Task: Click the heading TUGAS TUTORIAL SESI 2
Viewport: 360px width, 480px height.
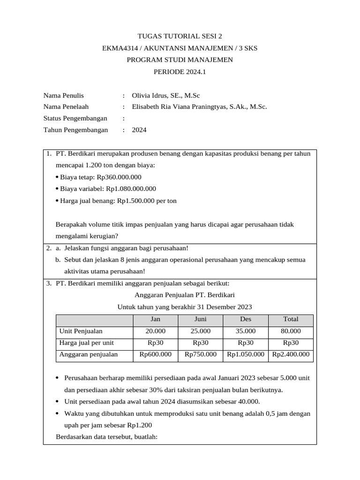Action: [180, 36]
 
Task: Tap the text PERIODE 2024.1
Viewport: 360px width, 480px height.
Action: [180, 72]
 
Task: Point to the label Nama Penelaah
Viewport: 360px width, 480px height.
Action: [66, 107]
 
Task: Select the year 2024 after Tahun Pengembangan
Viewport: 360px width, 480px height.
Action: [139, 130]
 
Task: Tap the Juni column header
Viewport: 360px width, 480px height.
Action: [200, 319]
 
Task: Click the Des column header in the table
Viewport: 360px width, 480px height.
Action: [246, 319]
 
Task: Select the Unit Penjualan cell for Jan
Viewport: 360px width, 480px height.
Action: [155, 331]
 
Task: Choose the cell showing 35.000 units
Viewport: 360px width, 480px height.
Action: [246, 331]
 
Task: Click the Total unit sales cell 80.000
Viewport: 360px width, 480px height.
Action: [291, 331]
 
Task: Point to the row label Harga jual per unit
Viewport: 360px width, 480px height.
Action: [87, 343]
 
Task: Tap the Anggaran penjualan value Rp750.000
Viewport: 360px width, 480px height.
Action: [200, 354]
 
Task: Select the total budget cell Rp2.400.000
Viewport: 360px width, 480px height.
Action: [291, 354]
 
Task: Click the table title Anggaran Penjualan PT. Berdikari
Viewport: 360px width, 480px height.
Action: [185, 295]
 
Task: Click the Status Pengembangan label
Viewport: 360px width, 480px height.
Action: [75, 118]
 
